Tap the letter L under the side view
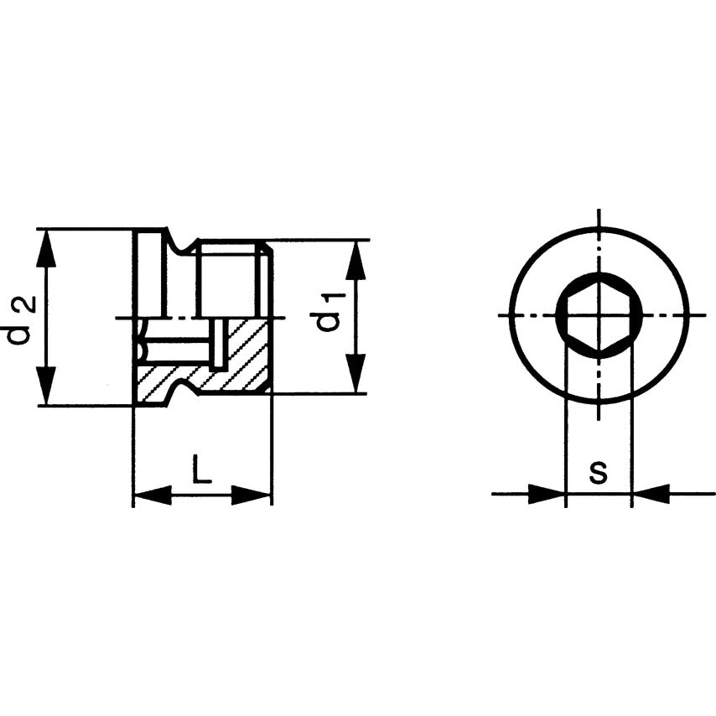click(201, 470)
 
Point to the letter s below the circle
click(597, 473)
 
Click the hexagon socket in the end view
click(599, 316)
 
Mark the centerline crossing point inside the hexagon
click(599, 315)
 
